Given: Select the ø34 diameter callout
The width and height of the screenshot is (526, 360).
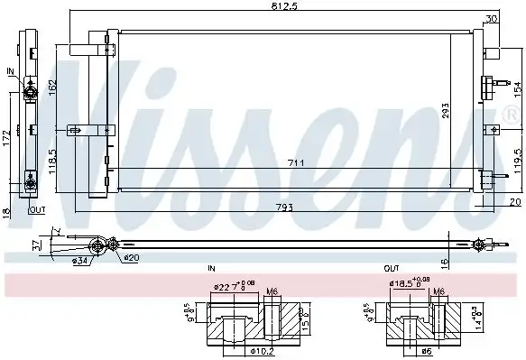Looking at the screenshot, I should pos(80,262).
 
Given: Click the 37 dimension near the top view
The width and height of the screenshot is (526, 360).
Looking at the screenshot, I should pos(36,243).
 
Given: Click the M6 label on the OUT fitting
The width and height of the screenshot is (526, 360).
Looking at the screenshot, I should pos(439,291).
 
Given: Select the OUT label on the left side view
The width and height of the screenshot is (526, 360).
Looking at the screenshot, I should pos(37,209).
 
